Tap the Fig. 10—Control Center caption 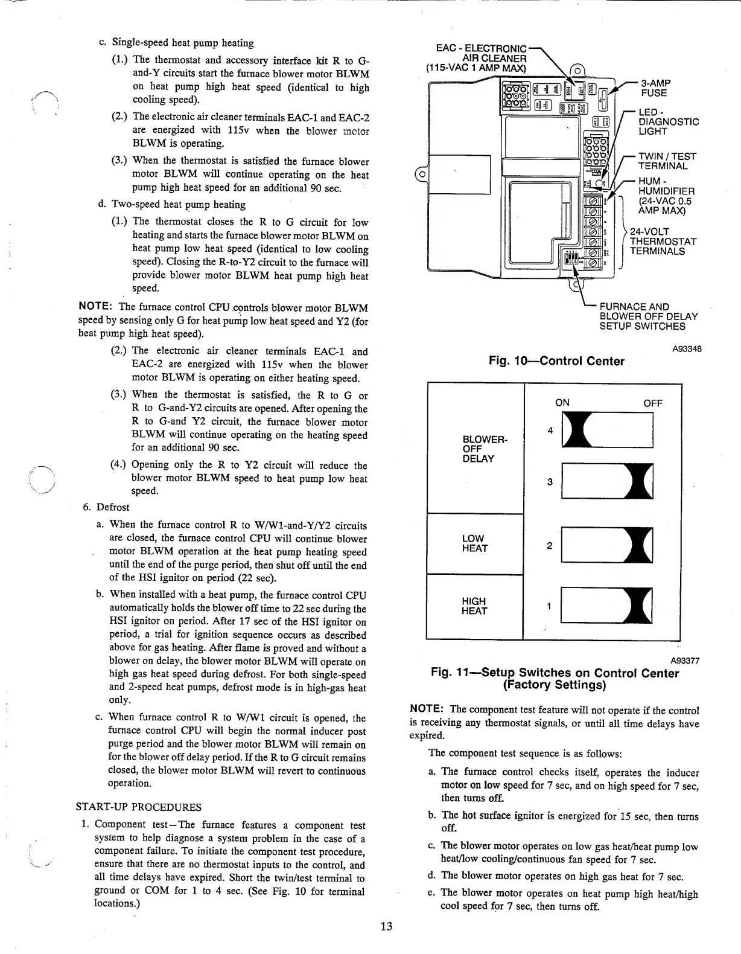point(556,361)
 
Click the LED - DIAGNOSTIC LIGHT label point(668,122)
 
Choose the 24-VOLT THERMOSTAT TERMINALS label point(663,242)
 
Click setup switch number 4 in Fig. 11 point(606,430)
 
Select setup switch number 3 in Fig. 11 point(606,481)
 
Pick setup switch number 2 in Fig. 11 point(606,545)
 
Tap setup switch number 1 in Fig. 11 point(606,605)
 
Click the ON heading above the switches point(562,403)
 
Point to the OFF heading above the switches point(652,403)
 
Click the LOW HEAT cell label point(474,543)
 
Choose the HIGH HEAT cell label point(474,606)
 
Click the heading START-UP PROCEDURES point(139,807)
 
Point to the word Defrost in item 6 point(113,507)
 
